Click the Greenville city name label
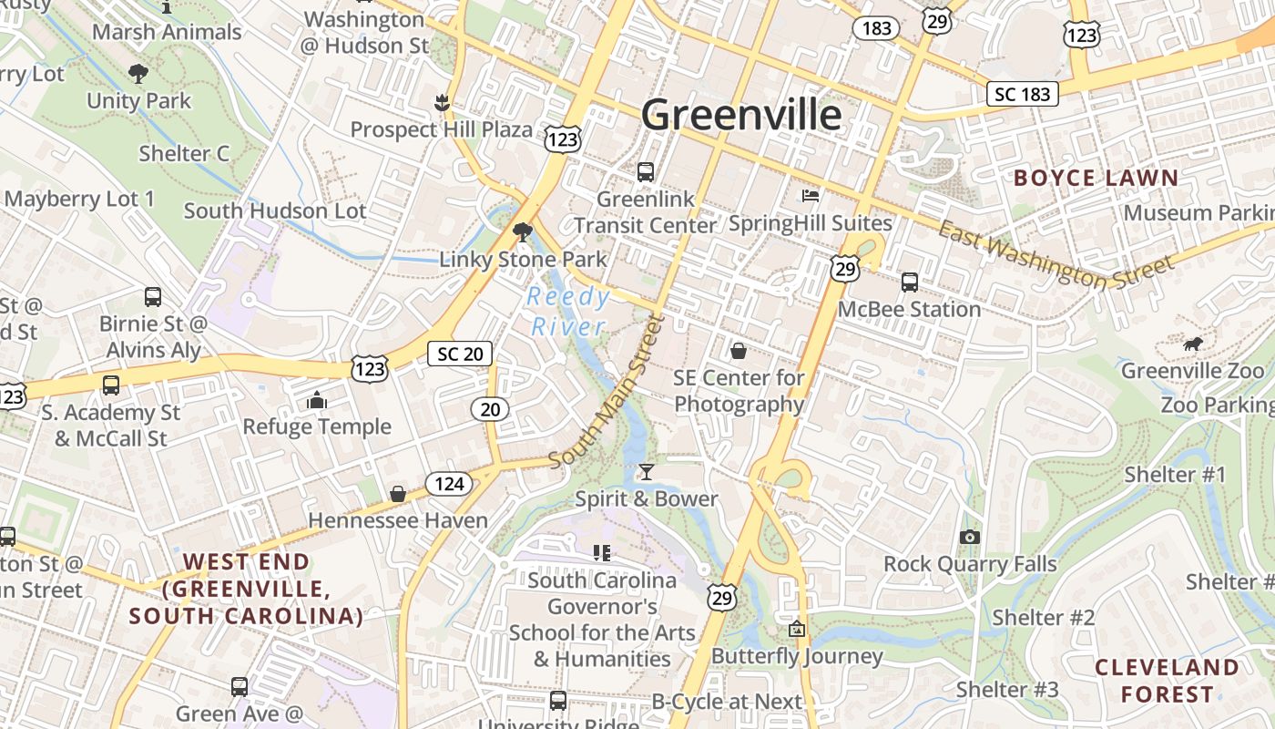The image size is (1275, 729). click(x=741, y=115)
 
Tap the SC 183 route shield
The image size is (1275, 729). click(x=1023, y=94)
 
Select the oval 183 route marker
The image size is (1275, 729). click(x=876, y=28)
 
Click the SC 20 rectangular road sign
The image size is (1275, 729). click(x=460, y=354)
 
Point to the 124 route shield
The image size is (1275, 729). click(x=449, y=483)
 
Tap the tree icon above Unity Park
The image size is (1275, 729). click(x=138, y=73)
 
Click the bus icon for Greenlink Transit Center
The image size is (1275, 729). click(x=646, y=171)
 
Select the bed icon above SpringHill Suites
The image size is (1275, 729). click(x=811, y=195)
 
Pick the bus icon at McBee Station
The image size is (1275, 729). click(x=909, y=282)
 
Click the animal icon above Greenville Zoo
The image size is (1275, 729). click(x=1192, y=344)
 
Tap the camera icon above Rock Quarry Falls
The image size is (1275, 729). click(x=970, y=537)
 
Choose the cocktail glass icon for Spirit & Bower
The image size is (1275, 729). click(x=646, y=471)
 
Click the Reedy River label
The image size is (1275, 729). click(x=568, y=312)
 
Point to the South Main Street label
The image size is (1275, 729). click(x=608, y=392)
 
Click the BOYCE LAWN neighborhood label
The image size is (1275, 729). click(x=1096, y=178)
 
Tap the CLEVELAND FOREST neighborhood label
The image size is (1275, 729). click(x=1167, y=680)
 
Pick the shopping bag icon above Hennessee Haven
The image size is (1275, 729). click(x=398, y=494)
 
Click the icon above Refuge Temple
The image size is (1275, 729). click(x=317, y=400)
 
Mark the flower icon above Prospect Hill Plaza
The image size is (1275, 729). click(x=442, y=103)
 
